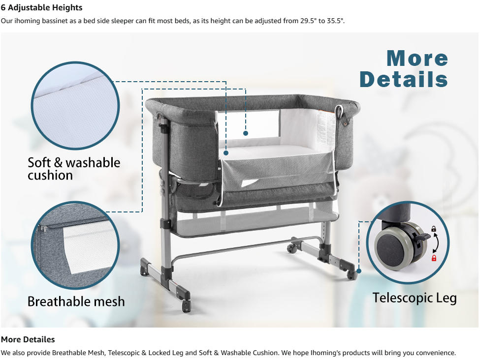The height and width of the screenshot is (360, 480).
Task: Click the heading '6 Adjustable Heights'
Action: pyautogui.click(x=42, y=8)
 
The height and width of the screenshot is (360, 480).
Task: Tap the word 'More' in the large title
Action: pyautogui.click(x=417, y=59)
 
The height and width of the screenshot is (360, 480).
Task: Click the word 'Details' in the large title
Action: pyautogui.click(x=404, y=79)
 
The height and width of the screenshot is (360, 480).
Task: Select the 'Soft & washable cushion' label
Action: pyautogui.click(x=74, y=169)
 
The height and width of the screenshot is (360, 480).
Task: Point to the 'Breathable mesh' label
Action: pyautogui.click(x=76, y=301)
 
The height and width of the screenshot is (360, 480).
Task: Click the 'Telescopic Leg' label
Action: pyautogui.click(x=415, y=298)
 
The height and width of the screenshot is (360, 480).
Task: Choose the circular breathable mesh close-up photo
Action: pyautogui.click(x=75, y=245)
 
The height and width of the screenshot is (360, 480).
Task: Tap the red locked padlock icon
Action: pyautogui.click(x=434, y=258)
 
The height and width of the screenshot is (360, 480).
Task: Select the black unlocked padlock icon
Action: pyautogui.click(x=434, y=229)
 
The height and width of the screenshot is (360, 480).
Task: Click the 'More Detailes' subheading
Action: pyautogui.click(x=28, y=339)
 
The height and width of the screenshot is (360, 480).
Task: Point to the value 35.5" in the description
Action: pyautogui.click(x=334, y=21)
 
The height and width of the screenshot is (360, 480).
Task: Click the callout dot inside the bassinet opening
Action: pyautogui.click(x=245, y=133)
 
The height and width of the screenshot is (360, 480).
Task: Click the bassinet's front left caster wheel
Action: pyautogui.click(x=186, y=305)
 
